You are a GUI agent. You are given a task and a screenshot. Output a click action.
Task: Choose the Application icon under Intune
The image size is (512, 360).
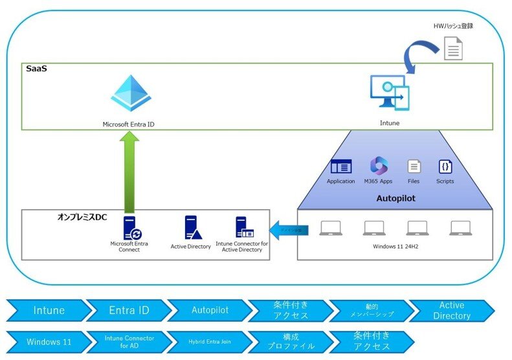[340, 166]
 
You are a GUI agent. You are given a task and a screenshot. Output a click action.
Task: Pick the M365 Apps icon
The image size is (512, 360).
[378, 166]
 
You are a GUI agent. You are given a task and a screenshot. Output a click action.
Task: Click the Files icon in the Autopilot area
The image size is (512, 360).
[414, 166]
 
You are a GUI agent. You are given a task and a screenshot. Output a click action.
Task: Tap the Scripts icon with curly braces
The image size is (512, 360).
[445, 166]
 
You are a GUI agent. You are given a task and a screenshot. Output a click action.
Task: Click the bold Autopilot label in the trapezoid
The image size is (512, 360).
[395, 199]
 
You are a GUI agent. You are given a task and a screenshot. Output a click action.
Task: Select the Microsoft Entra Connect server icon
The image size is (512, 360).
[131, 228]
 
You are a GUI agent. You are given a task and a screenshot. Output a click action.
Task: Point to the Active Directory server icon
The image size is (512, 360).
[192, 228]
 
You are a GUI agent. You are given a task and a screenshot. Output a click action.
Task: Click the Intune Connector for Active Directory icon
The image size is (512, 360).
[243, 228]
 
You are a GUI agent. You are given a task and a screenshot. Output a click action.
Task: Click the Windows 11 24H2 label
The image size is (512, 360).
[395, 247]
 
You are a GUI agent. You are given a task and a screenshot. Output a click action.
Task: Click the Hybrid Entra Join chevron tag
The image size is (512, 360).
[208, 341]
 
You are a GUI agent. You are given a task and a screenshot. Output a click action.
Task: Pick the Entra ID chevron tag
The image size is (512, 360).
[128, 311]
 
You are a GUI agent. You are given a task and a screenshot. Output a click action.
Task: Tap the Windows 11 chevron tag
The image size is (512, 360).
[49, 341]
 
